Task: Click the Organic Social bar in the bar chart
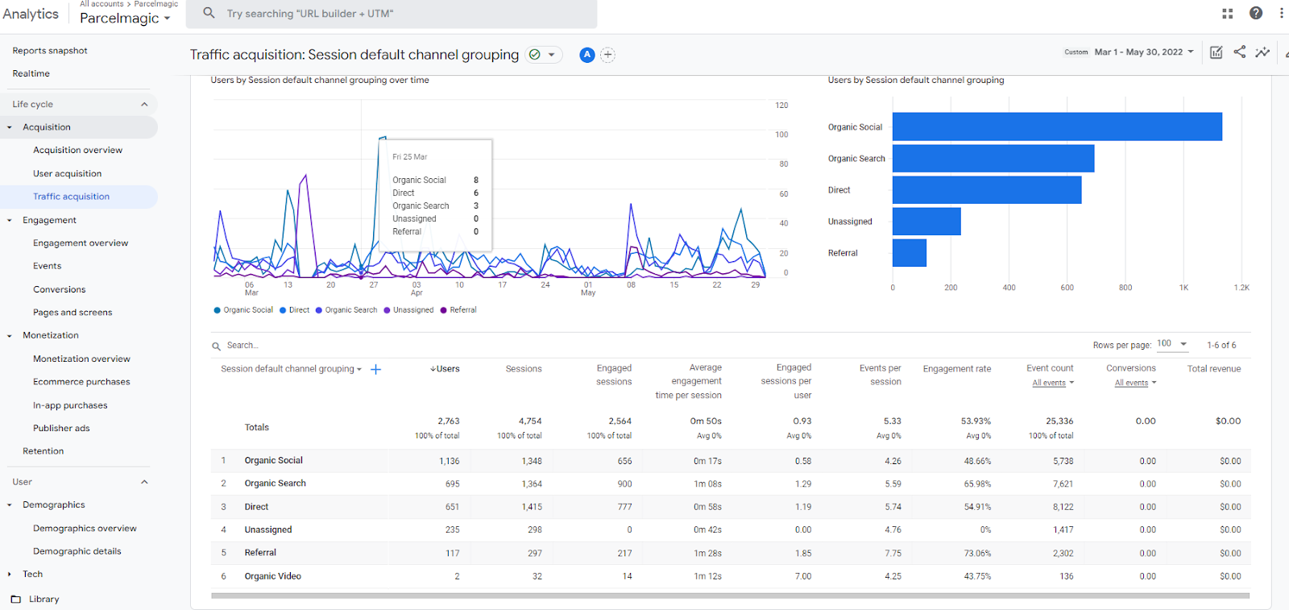pos(1057,127)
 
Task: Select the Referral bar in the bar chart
pos(910,253)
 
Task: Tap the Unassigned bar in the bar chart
pos(926,222)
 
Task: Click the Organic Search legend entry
pos(346,309)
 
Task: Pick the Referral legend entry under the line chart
pos(458,309)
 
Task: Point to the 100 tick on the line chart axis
pos(781,135)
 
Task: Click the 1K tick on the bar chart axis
pos(1183,287)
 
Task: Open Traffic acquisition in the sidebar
pos(72,197)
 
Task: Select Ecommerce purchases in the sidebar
pos(81,381)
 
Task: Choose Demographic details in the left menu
pos(77,550)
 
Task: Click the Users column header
pos(445,369)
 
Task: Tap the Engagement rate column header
pos(957,369)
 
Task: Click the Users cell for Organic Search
pos(452,484)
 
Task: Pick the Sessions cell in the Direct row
pos(531,507)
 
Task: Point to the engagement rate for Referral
pos(977,553)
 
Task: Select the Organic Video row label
pos(273,576)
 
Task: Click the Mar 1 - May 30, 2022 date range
pos(1138,52)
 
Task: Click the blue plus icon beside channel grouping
pos(375,369)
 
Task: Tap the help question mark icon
pos(1256,13)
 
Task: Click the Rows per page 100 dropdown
pos(1171,344)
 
